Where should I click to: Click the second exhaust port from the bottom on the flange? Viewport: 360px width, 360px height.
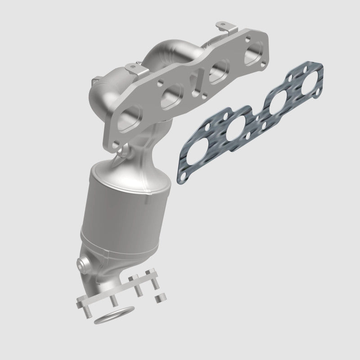pyautogui.click(x=172, y=94)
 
